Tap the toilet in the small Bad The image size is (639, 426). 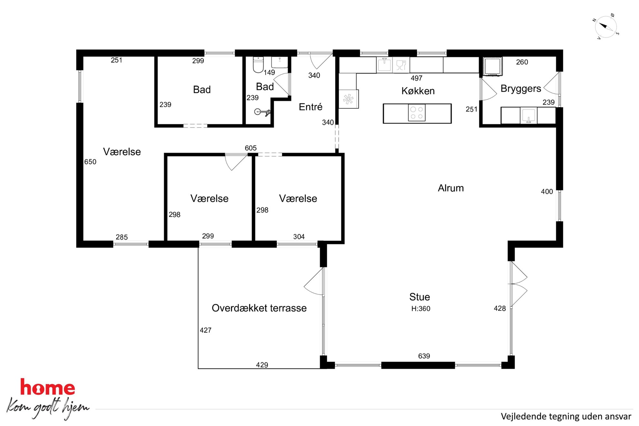pos(258,64)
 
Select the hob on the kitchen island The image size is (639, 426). pos(417,113)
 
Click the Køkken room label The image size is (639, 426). pos(418,91)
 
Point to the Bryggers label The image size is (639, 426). pos(521,89)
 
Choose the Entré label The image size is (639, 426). pos(310,107)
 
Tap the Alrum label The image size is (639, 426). pos(451,188)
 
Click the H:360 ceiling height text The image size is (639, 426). pos(421,308)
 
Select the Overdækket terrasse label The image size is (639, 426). pos(259,308)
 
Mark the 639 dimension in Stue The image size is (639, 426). pos(424,356)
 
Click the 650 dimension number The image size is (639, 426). pos(90,162)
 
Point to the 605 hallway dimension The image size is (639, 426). pos(251,148)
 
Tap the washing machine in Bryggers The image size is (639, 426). pos(492,66)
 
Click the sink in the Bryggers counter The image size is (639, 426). pos(528,116)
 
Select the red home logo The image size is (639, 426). pos(47,387)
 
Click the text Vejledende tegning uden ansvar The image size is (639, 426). pos(566,417)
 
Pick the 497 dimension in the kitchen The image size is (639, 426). pos(416,78)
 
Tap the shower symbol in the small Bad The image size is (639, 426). pos(262,112)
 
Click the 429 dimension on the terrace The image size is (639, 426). pos(262,365)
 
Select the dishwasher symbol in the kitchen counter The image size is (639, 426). pos(401,65)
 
